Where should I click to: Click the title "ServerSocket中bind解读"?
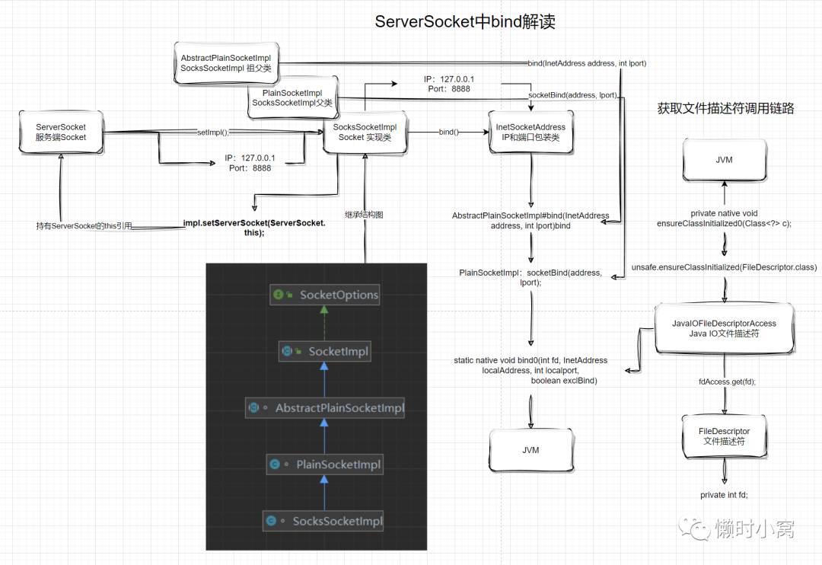[465, 22]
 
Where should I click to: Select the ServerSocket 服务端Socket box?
[61, 132]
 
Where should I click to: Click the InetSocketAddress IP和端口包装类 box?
[530, 132]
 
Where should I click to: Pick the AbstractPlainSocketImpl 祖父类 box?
[226, 63]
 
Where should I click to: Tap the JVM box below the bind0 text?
[530, 450]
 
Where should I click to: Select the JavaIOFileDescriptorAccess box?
[724, 328]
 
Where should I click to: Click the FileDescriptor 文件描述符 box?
[724, 436]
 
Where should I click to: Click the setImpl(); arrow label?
[212, 132]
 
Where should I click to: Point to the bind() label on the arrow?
[448, 132]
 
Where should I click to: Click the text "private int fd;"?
[724, 495]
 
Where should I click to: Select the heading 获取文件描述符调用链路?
[725, 109]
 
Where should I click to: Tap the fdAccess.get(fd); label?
[726, 381]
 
